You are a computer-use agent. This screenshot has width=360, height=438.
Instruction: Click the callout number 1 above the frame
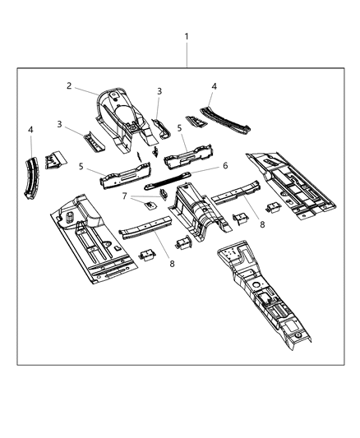pos(187,37)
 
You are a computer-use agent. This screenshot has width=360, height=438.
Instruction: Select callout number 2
pos(71,85)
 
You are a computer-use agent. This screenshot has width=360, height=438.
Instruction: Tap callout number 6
pos(224,164)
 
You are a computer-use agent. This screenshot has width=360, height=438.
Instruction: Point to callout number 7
pos(125,196)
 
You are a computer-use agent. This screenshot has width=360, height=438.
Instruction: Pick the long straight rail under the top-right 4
pos(226,120)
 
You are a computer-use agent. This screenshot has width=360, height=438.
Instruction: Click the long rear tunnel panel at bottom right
pos(267,297)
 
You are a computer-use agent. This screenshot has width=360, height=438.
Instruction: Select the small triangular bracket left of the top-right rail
pos(195,121)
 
